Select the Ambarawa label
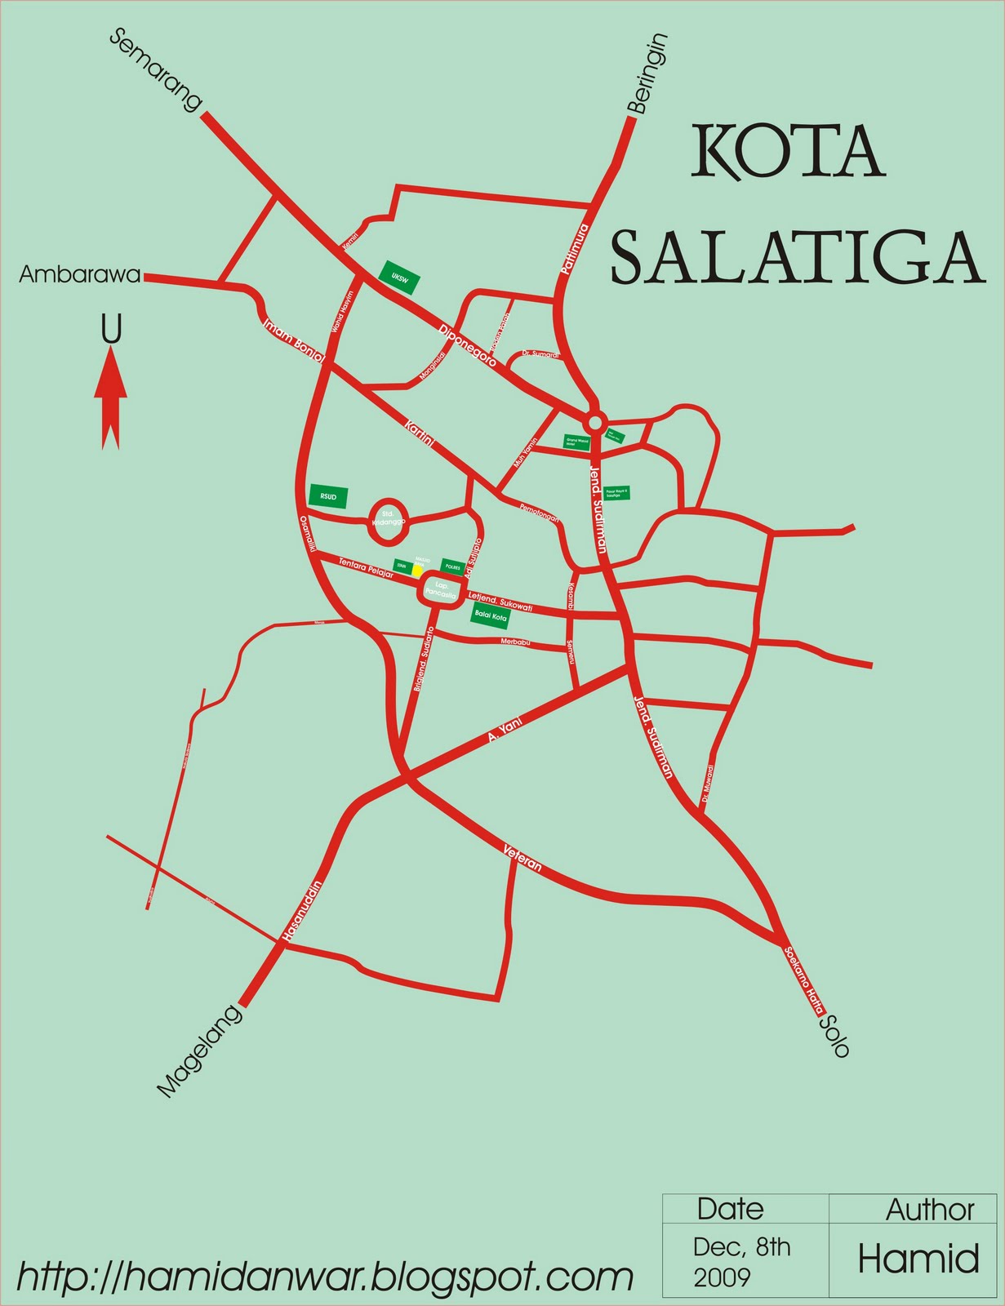tap(79, 275)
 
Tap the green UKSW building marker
tap(400, 278)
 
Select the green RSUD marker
tap(328, 496)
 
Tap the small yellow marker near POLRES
tap(418, 571)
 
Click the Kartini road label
tap(420, 432)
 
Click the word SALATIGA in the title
tap(797, 258)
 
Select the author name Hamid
tap(918, 1259)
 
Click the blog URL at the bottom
tap(325, 1276)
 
